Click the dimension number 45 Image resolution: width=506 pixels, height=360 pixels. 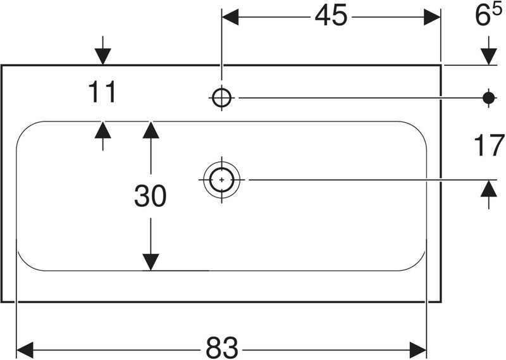[x=331, y=18]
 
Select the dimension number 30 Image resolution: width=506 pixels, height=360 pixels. [x=150, y=197]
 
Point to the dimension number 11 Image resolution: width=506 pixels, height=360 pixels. [x=102, y=93]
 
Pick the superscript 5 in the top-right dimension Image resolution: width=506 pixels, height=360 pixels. [x=498, y=11]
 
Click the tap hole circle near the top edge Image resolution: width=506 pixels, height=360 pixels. [x=221, y=97]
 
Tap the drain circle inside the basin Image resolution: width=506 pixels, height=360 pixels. [x=221, y=180]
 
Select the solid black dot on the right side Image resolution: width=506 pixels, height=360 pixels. [x=488, y=97]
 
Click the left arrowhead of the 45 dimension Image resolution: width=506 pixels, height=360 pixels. [x=229, y=18]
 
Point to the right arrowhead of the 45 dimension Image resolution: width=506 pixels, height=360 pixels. [x=433, y=18]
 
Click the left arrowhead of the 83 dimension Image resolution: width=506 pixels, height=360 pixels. [x=25, y=348]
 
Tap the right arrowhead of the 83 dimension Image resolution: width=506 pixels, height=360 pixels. [x=419, y=348]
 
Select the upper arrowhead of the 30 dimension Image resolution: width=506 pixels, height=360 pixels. [x=150, y=129]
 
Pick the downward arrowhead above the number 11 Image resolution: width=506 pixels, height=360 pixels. [x=102, y=57]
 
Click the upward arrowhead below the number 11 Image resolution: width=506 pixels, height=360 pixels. [x=102, y=129]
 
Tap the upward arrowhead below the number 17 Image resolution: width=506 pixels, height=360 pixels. [x=488, y=188]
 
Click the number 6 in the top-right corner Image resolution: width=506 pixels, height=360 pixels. [x=483, y=18]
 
